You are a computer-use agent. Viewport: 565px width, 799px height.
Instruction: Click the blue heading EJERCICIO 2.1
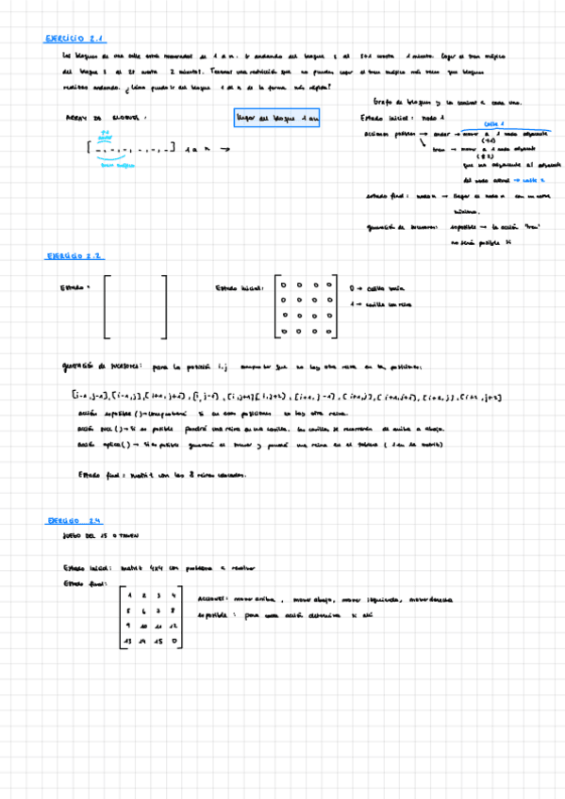(75, 39)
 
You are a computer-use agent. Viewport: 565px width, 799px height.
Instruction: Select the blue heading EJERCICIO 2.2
(75, 255)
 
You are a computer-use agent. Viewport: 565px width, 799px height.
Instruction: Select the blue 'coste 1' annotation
(494, 123)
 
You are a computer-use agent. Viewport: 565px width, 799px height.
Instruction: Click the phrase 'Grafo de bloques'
(397, 103)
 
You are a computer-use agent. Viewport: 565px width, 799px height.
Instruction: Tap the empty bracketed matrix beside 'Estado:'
(136, 306)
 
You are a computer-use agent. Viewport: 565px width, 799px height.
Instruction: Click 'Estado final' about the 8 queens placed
(101, 475)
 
